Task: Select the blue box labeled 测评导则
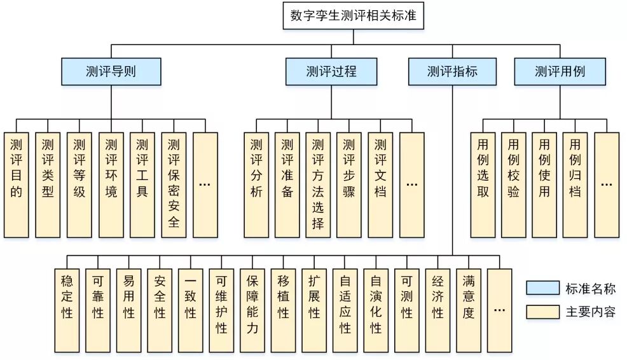pos(111,71)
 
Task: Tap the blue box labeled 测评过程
pos(331,71)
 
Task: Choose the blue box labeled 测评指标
pos(452,71)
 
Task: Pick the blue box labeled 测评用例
pos(560,71)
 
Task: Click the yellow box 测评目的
pos(17,184)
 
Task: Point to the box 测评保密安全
pos(174,184)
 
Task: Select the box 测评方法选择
pos(318,184)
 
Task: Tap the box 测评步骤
pos(349,184)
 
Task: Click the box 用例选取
pos(483,184)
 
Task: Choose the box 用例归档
pos(575,184)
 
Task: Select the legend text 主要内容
pos(591,312)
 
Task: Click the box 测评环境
pos(111,184)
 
